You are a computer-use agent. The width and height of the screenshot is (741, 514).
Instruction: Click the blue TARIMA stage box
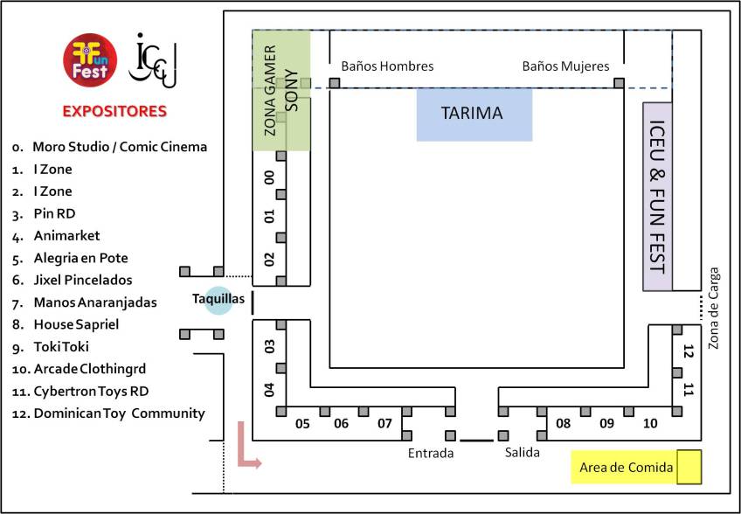474,114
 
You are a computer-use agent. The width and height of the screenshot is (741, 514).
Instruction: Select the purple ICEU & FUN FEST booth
657,196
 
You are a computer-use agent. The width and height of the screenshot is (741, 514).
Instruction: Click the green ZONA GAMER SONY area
281,90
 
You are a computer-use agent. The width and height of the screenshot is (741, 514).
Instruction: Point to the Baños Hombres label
387,66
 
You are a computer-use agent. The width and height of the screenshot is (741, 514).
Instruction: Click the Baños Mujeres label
565,66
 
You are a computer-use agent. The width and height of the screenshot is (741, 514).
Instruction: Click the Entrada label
431,453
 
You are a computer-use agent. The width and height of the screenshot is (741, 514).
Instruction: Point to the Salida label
522,453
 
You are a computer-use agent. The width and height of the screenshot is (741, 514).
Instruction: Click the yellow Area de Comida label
627,468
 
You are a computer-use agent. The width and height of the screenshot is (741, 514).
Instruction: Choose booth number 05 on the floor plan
302,424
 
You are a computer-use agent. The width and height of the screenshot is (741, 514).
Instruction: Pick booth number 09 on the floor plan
606,424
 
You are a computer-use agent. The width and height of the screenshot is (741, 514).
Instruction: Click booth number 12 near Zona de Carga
689,352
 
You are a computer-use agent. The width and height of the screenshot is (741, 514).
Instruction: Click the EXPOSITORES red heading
114,112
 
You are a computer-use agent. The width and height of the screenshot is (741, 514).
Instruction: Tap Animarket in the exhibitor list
66,235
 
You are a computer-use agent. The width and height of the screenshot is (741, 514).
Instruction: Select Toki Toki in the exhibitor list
61,346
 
